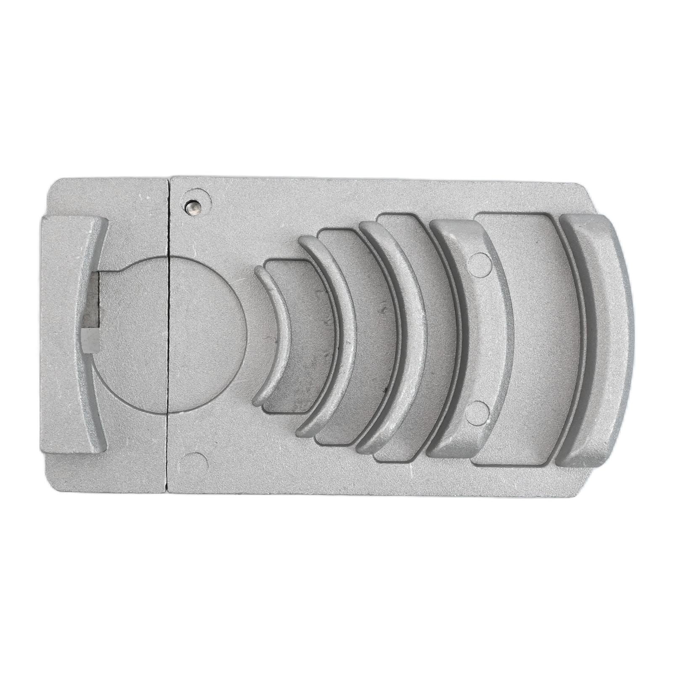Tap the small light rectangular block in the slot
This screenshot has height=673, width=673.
point(90,340)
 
